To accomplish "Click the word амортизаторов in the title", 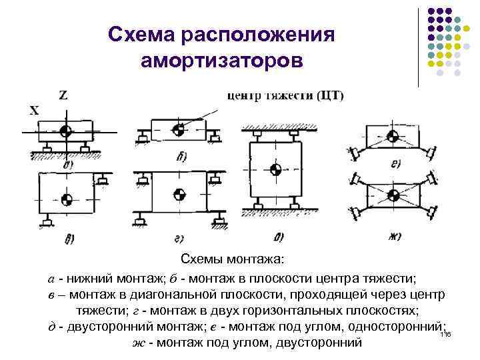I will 222,61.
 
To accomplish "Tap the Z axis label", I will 63,95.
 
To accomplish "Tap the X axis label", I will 34,111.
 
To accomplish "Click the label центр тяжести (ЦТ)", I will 286,95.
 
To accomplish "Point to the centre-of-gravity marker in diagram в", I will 65,198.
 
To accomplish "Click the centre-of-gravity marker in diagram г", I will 178,195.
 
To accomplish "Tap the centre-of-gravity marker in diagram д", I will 275,169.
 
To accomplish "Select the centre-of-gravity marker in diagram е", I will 393,137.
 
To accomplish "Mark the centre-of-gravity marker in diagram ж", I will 394,195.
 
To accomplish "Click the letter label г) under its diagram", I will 179,237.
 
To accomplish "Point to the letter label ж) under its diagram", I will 394,235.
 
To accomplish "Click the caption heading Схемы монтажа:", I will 233,258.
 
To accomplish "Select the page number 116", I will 446,334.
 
